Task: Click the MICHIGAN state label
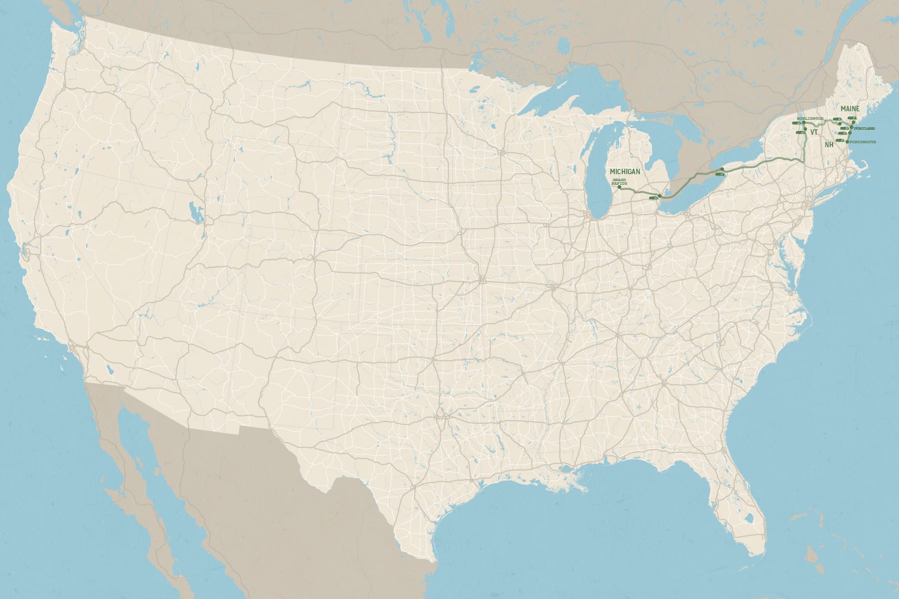click(625, 172)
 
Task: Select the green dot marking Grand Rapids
click(619, 187)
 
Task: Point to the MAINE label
click(850, 109)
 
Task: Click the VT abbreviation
click(814, 132)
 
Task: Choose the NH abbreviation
click(829, 144)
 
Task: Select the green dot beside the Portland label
click(852, 128)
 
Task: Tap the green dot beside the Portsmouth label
click(847, 142)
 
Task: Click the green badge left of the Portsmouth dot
click(839, 140)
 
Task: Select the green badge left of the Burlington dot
click(796, 123)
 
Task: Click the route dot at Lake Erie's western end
click(660, 196)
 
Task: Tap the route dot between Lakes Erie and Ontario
click(723, 169)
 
